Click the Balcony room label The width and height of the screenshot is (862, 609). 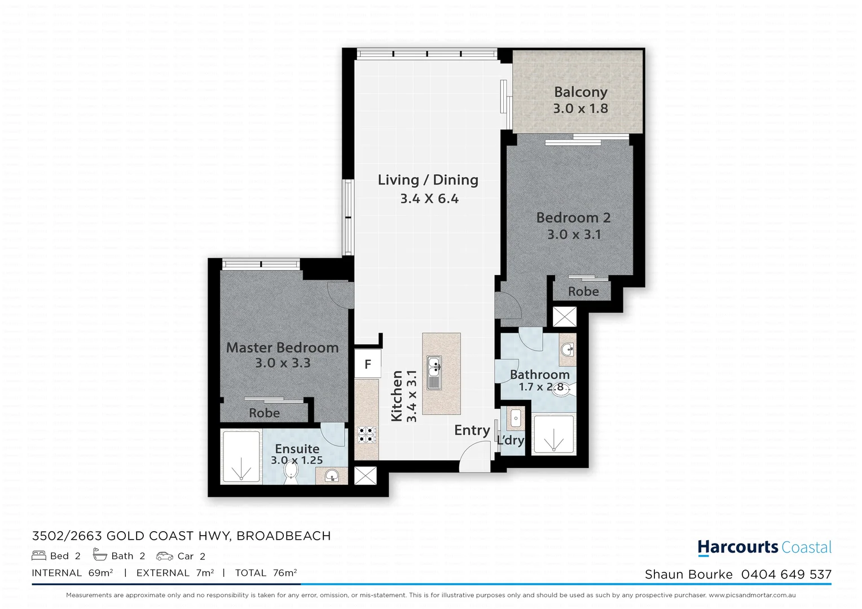(580, 92)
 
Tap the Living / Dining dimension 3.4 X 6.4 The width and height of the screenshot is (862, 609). (429, 198)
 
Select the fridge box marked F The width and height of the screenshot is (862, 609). (368, 364)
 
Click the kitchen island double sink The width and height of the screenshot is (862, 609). (434, 373)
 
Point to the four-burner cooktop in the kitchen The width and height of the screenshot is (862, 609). (366, 435)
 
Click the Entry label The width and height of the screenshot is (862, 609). (472, 430)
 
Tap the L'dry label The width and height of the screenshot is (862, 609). (511, 440)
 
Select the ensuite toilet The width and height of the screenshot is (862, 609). (291, 472)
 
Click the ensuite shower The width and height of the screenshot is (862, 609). (241, 456)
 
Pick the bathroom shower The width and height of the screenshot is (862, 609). (553, 434)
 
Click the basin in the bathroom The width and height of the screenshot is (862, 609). (567, 349)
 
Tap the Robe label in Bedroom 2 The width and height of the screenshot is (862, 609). (583, 292)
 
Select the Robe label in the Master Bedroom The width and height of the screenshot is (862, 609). (264, 413)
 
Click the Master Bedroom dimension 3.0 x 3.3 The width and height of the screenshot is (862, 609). (283, 363)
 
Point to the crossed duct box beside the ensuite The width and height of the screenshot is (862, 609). (364, 476)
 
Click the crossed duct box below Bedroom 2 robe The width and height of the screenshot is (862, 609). (564, 316)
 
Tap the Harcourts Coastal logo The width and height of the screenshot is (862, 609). (764, 547)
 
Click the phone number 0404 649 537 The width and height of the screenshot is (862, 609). (786, 574)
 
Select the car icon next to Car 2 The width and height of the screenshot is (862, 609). (165, 556)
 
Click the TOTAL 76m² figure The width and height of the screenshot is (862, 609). (266, 573)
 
